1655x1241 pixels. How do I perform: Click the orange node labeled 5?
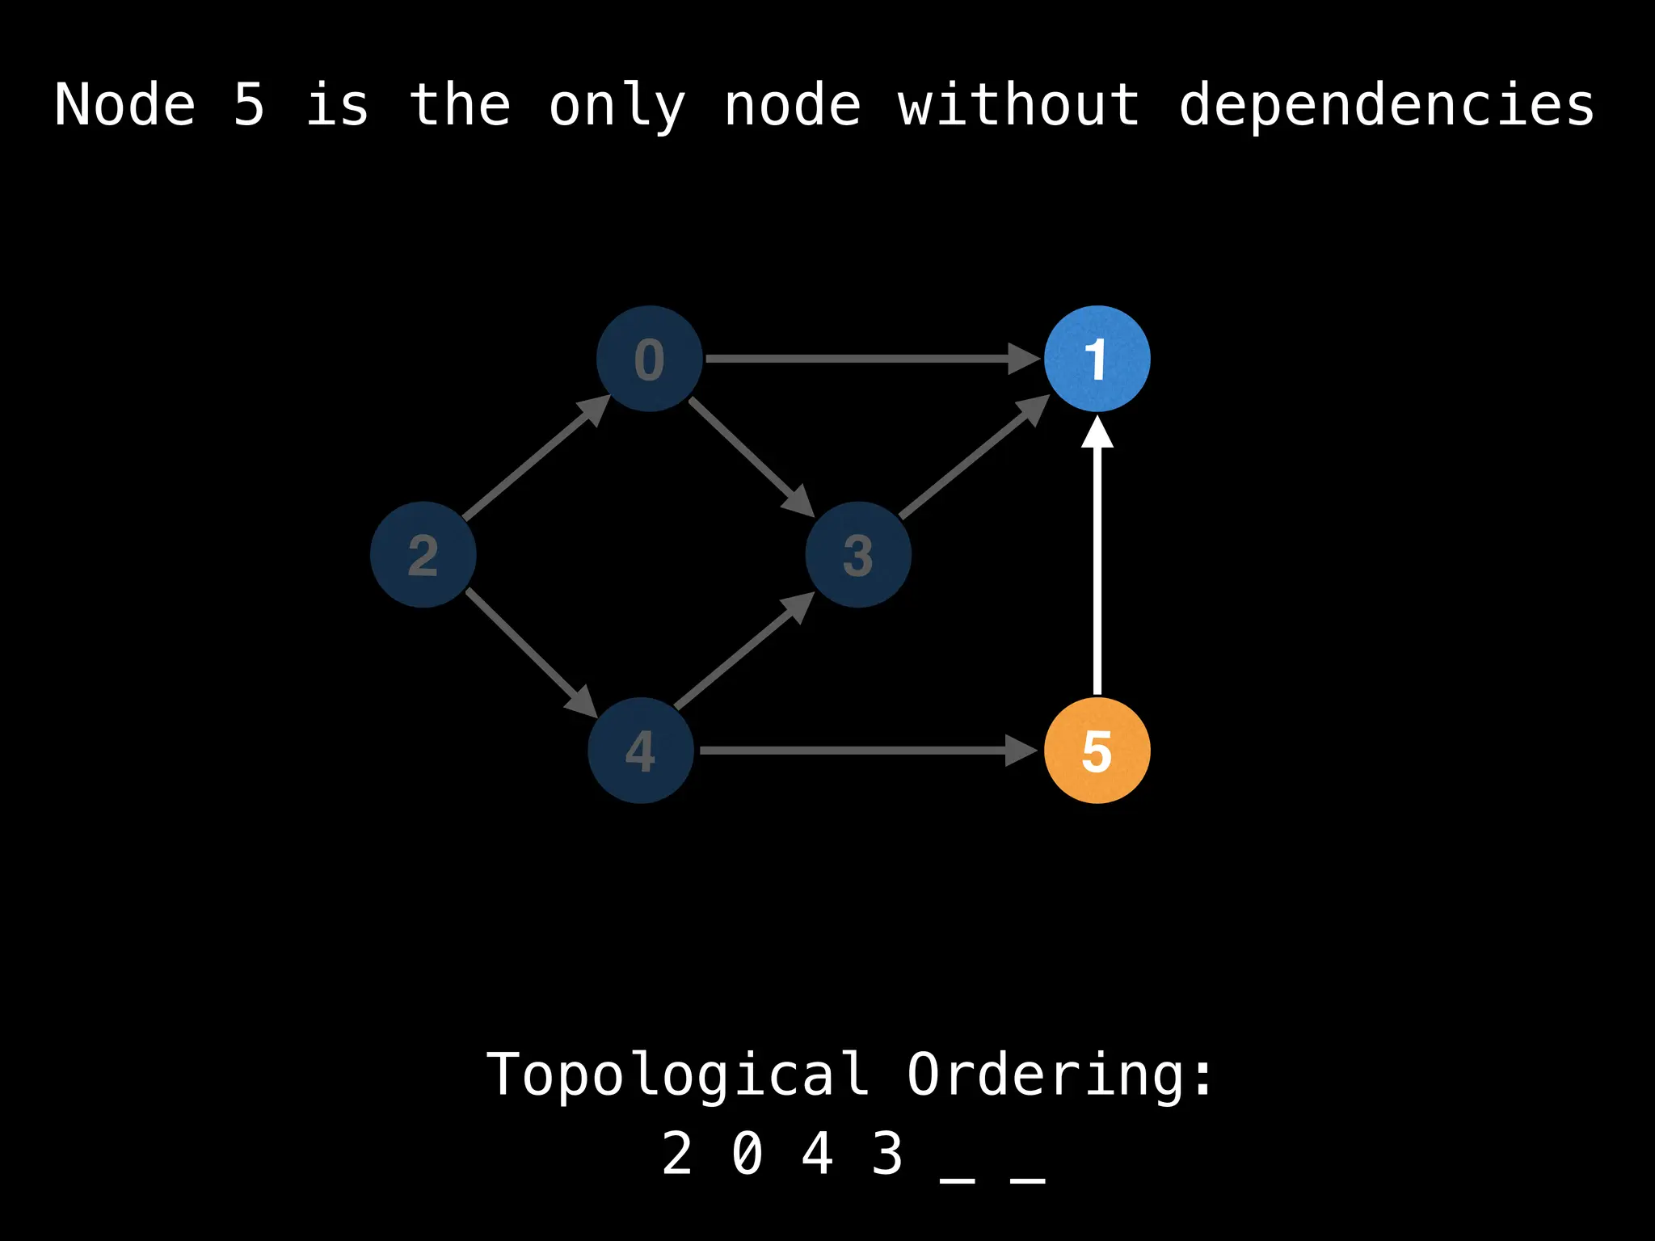pos(1097,751)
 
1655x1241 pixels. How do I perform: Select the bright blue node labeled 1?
pos(1097,359)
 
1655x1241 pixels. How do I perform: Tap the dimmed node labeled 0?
pos(649,359)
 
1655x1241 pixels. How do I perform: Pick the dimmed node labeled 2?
pos(423,554)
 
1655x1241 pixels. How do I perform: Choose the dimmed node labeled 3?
pos(858,554)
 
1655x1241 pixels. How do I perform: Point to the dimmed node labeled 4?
pos(641,751)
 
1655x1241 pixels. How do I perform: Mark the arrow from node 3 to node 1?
pos(974,457)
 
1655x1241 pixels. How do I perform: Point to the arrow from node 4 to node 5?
pos(865,751)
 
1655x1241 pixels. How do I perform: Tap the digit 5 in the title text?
pos(249,105)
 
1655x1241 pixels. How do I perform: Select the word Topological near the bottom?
pos(677,1075)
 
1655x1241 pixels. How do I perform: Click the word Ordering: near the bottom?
pos(1059,1075)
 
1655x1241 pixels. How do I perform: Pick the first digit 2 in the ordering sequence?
pos(677,1154)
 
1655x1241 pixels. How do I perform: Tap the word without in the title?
pos(1018,105)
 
